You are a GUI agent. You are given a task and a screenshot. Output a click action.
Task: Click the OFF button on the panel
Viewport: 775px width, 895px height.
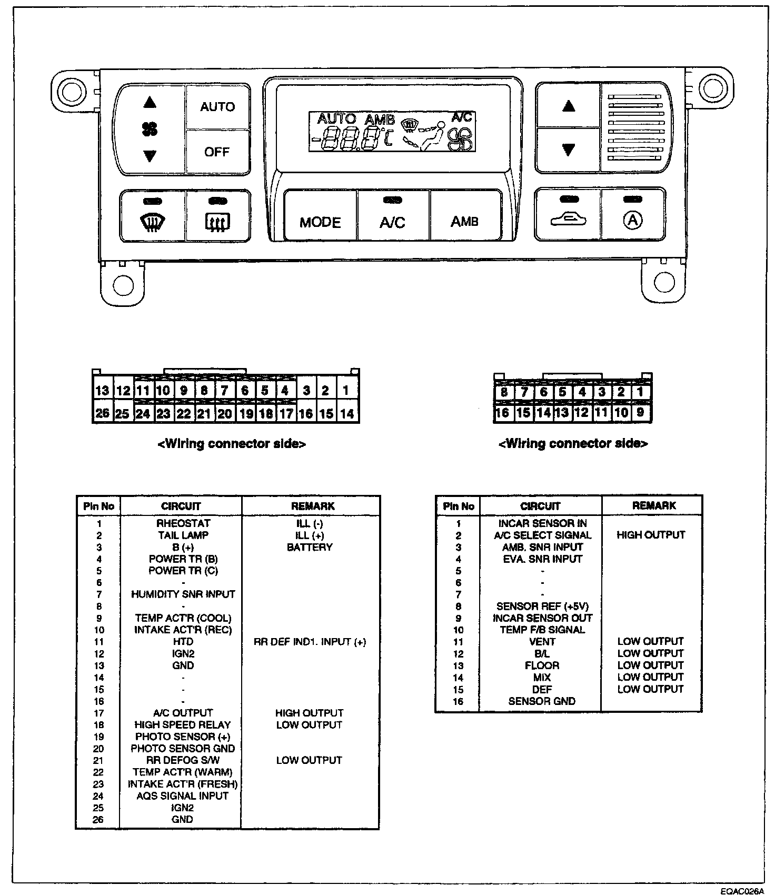(x=217, y=152)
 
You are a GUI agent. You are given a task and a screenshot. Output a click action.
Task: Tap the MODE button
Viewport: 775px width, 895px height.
(x=320, y=222)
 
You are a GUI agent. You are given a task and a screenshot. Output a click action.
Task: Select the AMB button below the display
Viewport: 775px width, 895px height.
(x=464, y=222)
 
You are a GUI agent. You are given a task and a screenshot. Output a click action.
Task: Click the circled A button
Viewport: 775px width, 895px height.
(x=632, y=221)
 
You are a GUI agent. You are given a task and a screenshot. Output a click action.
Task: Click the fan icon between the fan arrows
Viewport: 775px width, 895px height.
(x=150, y=129)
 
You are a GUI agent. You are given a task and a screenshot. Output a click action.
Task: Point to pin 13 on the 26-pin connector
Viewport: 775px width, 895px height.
(x=102, y=391)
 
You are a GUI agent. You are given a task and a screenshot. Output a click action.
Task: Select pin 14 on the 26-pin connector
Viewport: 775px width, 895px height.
(x=346, y=414)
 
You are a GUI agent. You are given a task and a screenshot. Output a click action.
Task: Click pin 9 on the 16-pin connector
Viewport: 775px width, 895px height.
(x=640, y=412)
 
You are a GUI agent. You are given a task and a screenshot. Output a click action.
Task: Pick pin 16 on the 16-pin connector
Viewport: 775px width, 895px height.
(x=502, y=413)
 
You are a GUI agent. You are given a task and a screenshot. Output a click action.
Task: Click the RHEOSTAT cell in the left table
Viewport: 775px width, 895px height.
(x=183, y=523)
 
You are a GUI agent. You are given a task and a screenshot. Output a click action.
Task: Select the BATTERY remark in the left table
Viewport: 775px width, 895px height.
(x=310, y=547)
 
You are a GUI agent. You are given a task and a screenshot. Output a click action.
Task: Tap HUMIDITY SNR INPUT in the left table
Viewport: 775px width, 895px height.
(x=183, y=594)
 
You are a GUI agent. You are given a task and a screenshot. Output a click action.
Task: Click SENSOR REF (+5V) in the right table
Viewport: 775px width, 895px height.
(x=542, y=606)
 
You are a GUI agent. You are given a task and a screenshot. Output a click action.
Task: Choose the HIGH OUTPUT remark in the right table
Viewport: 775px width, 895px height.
(x=651, y=535)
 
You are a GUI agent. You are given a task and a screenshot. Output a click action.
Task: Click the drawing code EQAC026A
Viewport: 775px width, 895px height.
(x=742, y=891)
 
